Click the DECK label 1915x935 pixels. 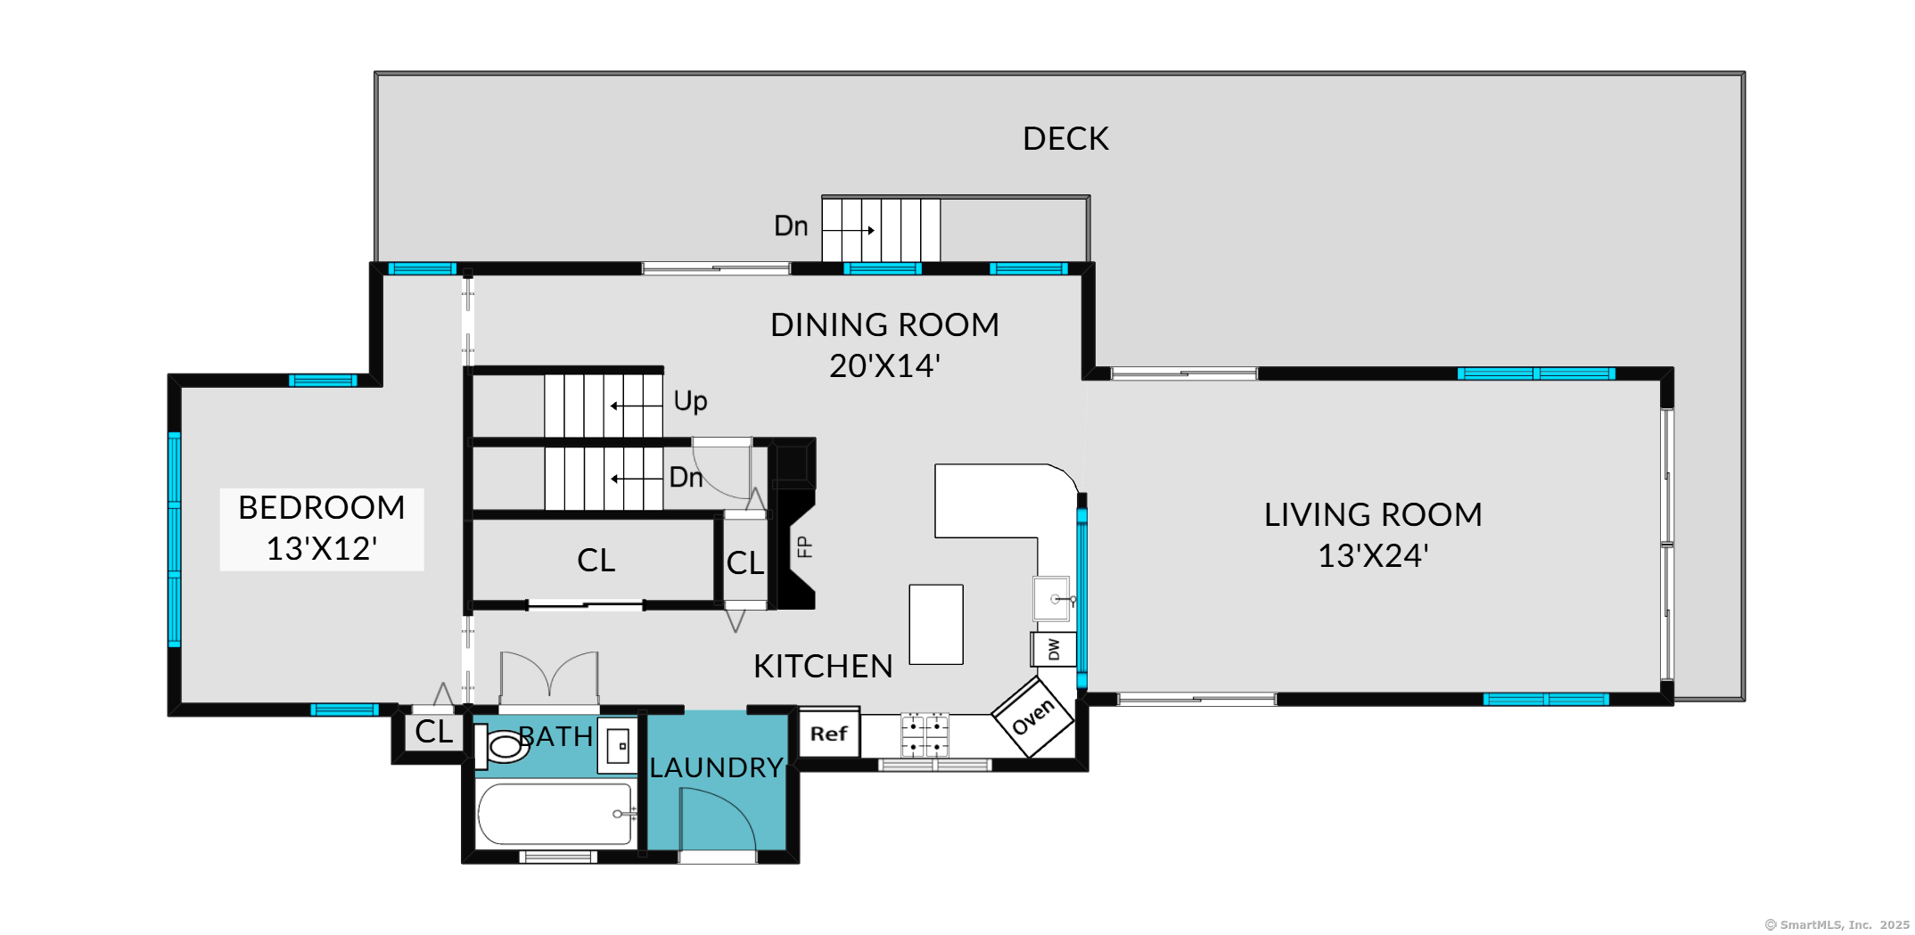pyautogui.click(x=1065, y=139)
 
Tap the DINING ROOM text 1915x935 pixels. pyautogui.click(x=884, y=325)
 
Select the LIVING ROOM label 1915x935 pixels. pyautogui.click(x=1373, y=515)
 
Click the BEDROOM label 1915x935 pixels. pyautogui.click(x=321, y=508)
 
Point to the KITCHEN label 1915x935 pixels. pyautogui.click(x=823, y=667)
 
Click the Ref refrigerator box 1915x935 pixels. pyautogui.click(x=829, y=734)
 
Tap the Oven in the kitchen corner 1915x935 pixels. pyautogui.click(x=1033, y=717)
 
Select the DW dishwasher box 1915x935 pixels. pyautogui.click(x=1054, y=649)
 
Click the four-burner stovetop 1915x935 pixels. pyautogui.click(x=925, y=735)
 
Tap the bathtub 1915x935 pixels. pyautogui.click(x=555, y=814)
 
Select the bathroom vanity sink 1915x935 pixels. pyautogui.click(x=618, y=745)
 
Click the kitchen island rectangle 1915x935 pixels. pyautogui.click(x=936, y=624)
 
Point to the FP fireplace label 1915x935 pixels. pyautogui.click(x=804, y=546)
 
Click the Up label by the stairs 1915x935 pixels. pyautogui.click(x=690, y=401)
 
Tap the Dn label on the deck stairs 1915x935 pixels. pyautogui.click(x=791, y=226)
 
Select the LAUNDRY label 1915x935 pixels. pyautogui.click(x=716, y=767)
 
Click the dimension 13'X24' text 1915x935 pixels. pyautogui.click(x=1373, y=556)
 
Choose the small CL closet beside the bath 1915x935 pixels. pyautogui.click(x=434, y=732)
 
